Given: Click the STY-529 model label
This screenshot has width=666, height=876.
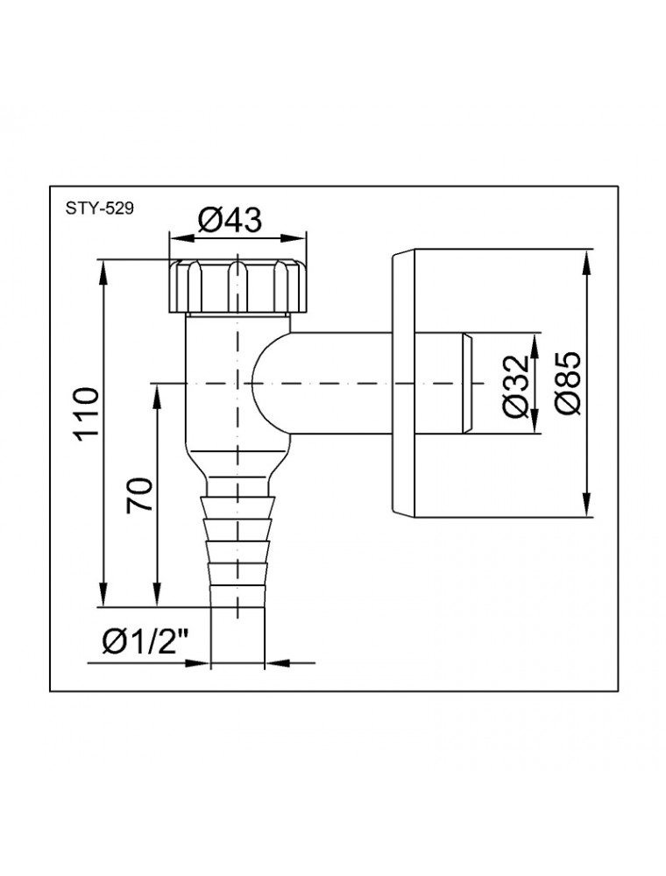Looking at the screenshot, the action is coord(100,209).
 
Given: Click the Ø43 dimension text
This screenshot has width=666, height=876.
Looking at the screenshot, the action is coord(230,220).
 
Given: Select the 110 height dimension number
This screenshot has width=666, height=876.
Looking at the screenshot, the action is coord(88,414).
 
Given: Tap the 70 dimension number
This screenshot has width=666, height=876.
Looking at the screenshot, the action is coord(139,494).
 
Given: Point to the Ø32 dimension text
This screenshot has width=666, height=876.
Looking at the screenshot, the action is coord(514,386).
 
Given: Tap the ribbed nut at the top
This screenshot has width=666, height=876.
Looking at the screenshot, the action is coord(237,286).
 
